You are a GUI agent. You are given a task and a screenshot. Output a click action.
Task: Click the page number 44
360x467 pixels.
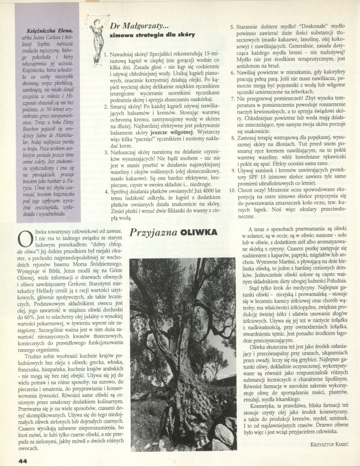pyautogui.click(x=8, y=459)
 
